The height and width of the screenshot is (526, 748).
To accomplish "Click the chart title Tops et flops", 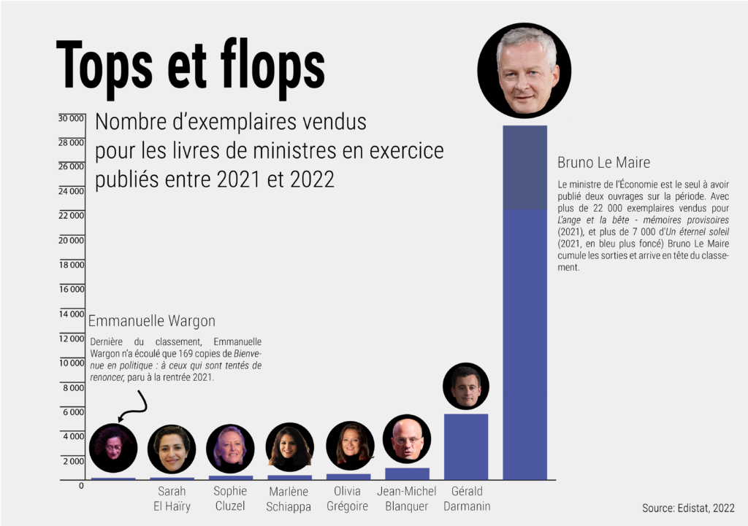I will [190, 67].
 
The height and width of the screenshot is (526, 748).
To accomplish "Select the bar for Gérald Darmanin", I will [466, 446].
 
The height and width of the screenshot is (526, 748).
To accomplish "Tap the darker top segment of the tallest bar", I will [524, 168].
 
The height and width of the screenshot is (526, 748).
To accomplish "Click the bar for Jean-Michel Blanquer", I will [407, 473].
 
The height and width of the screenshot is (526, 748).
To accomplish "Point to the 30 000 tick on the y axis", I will [71, 118].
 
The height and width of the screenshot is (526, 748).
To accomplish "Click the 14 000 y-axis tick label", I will [72, 314].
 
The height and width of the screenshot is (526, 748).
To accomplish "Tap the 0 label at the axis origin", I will [81, 486].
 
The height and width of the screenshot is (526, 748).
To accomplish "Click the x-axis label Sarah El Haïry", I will [172, 498].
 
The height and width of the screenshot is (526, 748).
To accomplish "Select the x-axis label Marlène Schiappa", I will [289, 499].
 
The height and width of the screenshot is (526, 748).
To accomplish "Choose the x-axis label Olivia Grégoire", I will [348, 498].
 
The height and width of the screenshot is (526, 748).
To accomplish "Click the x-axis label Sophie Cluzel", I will [230, 498].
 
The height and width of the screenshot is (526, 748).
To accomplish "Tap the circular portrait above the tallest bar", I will [524, 71].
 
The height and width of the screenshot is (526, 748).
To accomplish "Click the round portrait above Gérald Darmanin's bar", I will [466, 387].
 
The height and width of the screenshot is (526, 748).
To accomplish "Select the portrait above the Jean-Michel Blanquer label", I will [407, 439].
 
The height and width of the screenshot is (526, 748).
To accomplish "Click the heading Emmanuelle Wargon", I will [151, 321].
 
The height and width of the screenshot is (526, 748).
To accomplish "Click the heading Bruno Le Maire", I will [603, 162].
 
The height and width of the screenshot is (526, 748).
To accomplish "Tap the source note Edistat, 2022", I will [688, 508].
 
